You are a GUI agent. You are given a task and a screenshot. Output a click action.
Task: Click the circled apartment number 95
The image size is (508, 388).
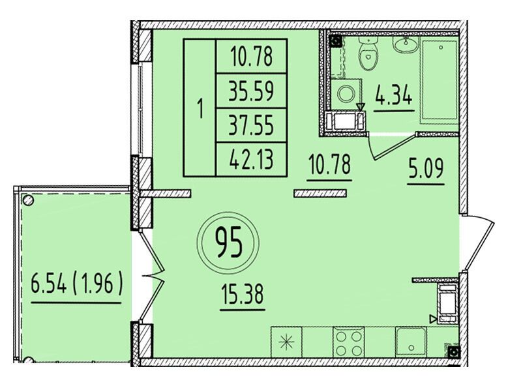coord(228,243)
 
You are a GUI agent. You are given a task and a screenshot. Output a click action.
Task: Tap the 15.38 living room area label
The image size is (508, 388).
coord(243,293)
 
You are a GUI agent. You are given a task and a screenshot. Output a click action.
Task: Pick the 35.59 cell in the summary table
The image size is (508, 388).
coord(252,91)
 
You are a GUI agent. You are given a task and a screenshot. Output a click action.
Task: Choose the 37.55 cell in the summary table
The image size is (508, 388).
coord(252,125)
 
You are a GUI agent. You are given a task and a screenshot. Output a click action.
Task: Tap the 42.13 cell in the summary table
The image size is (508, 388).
coord(252,159)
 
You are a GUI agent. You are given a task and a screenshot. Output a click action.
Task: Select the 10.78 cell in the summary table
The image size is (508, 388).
coord(252,56)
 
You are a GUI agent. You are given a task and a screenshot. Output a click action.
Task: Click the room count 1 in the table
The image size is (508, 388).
coord(200,109)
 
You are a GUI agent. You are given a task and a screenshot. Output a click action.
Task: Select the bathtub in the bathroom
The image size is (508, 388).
coord(439,80)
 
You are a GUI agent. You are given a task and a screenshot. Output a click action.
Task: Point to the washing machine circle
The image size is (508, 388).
coord(346,94)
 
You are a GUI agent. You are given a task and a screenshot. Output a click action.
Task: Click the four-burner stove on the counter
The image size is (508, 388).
coord(349,343)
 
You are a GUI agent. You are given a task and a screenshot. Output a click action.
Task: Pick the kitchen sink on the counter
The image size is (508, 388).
coord(411,342)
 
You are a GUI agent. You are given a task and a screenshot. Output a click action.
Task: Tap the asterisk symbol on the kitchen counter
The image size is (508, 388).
coord(286,342)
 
